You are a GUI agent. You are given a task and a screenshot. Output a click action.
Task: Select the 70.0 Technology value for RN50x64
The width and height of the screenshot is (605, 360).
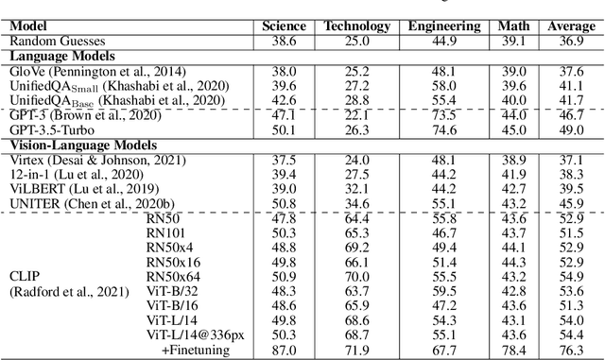click(x=354, y=276)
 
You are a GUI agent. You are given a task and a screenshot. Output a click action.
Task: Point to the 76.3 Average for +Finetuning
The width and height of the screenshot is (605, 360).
click(x=572, y=351)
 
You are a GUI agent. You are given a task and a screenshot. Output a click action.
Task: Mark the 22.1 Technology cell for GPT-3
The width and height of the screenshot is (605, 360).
click(x=354, y=113)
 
